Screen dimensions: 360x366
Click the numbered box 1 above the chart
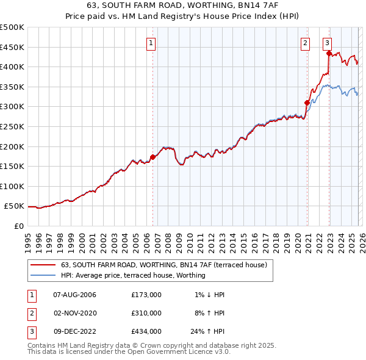coord(151,43)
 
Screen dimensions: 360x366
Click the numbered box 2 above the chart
coord(305,43)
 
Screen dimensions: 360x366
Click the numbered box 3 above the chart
coord(328,43)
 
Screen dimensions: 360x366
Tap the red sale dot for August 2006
coord(152,157)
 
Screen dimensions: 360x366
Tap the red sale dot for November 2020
coord(307,103)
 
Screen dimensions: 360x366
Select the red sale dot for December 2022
coord(329,53)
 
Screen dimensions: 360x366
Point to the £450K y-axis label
coord(12,47)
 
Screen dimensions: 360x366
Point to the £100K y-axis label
coord(12,186)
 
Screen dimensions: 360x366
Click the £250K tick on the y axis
coord(12,126)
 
